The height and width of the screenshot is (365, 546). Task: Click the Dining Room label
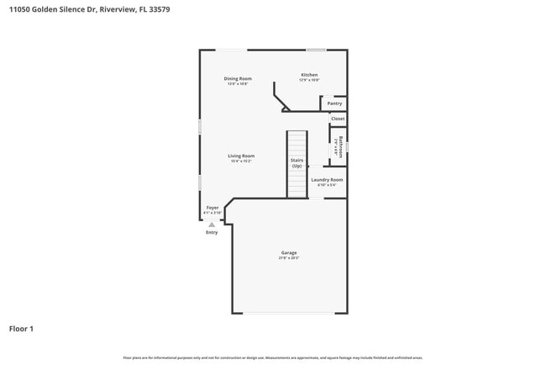click(x=238, y=79)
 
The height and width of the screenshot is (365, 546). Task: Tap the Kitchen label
click(x=310, y=75)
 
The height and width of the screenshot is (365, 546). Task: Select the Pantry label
click(x=334, y=103)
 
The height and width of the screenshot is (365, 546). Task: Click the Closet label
click(x=338, y=119)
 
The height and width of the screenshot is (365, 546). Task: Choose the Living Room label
click(x=241, y=156)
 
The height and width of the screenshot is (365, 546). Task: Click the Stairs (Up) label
click(x=297, y=163)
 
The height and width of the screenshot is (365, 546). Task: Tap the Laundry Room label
click(x=327, y=179)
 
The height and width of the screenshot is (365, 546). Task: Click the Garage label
click(x=289, y=252)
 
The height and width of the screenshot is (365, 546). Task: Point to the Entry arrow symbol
click(x=212, y=225)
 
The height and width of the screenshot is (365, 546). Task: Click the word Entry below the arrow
click(x=212, y=232)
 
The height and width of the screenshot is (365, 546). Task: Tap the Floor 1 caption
click(x=21, y=328)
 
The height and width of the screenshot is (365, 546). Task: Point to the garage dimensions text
click(x=289, y=258)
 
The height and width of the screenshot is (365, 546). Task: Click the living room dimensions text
click(x=241, y=161)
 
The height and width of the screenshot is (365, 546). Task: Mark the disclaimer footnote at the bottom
click(x=273, y=357)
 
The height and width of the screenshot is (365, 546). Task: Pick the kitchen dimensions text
click(x=310, y=80)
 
